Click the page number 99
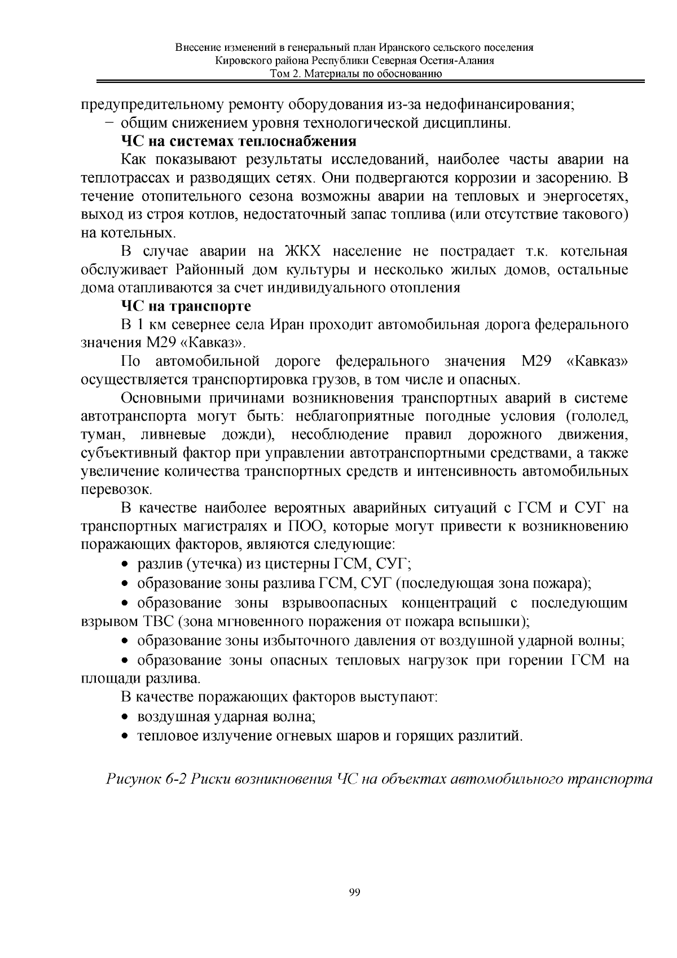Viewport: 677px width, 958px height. tap(355, 893)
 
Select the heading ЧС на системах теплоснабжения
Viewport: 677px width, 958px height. tap(239, 141)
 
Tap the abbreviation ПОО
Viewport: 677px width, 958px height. tap(304, 527)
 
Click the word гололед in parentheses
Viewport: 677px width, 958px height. tap(598, 417)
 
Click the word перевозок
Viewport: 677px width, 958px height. tap(115, 490)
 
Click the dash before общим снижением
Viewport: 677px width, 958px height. tap(109, 123)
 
